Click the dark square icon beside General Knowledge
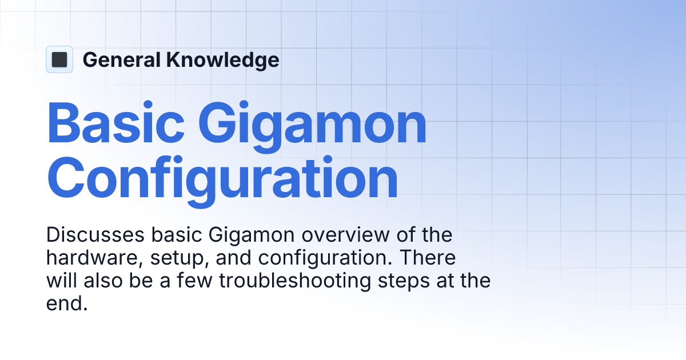click(59, 59)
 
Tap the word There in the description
click(427, 258)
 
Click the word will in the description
click(59, 281)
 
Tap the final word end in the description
click(66, 305)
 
